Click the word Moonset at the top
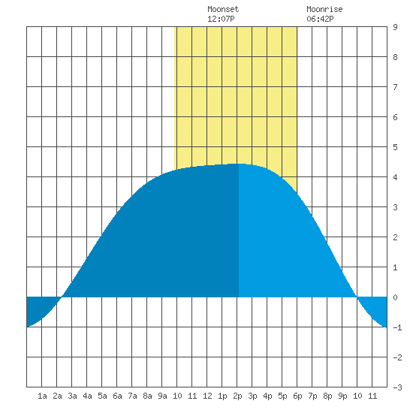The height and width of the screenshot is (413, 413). (223, 9)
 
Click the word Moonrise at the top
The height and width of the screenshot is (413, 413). (324, 9)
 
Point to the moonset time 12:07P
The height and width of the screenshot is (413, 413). (221, 19)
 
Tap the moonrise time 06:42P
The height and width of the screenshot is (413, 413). (320, 19)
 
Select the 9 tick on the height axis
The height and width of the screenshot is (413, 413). (395, 27)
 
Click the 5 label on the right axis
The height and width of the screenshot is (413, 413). (395, 147)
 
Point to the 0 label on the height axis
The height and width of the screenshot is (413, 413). (395, 297)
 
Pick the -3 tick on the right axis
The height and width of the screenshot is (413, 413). (397, 387)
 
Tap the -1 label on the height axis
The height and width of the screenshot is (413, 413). (397, 327)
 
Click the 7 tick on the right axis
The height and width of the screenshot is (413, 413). (395, 87)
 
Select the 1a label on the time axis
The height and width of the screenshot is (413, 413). (42, 396)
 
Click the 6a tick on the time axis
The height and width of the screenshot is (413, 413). (117, 396)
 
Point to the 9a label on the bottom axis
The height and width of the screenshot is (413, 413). (162, 396)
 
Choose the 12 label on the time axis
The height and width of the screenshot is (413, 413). (207, 396)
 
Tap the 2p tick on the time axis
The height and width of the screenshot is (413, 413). (237, 396)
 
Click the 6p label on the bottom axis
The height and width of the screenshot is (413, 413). (297, 396)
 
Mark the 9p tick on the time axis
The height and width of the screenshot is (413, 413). (342, 396)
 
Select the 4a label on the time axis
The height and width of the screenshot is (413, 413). (87, 396)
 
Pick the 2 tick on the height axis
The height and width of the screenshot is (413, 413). (395, 237)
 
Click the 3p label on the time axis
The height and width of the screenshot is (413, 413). (252, 396)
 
